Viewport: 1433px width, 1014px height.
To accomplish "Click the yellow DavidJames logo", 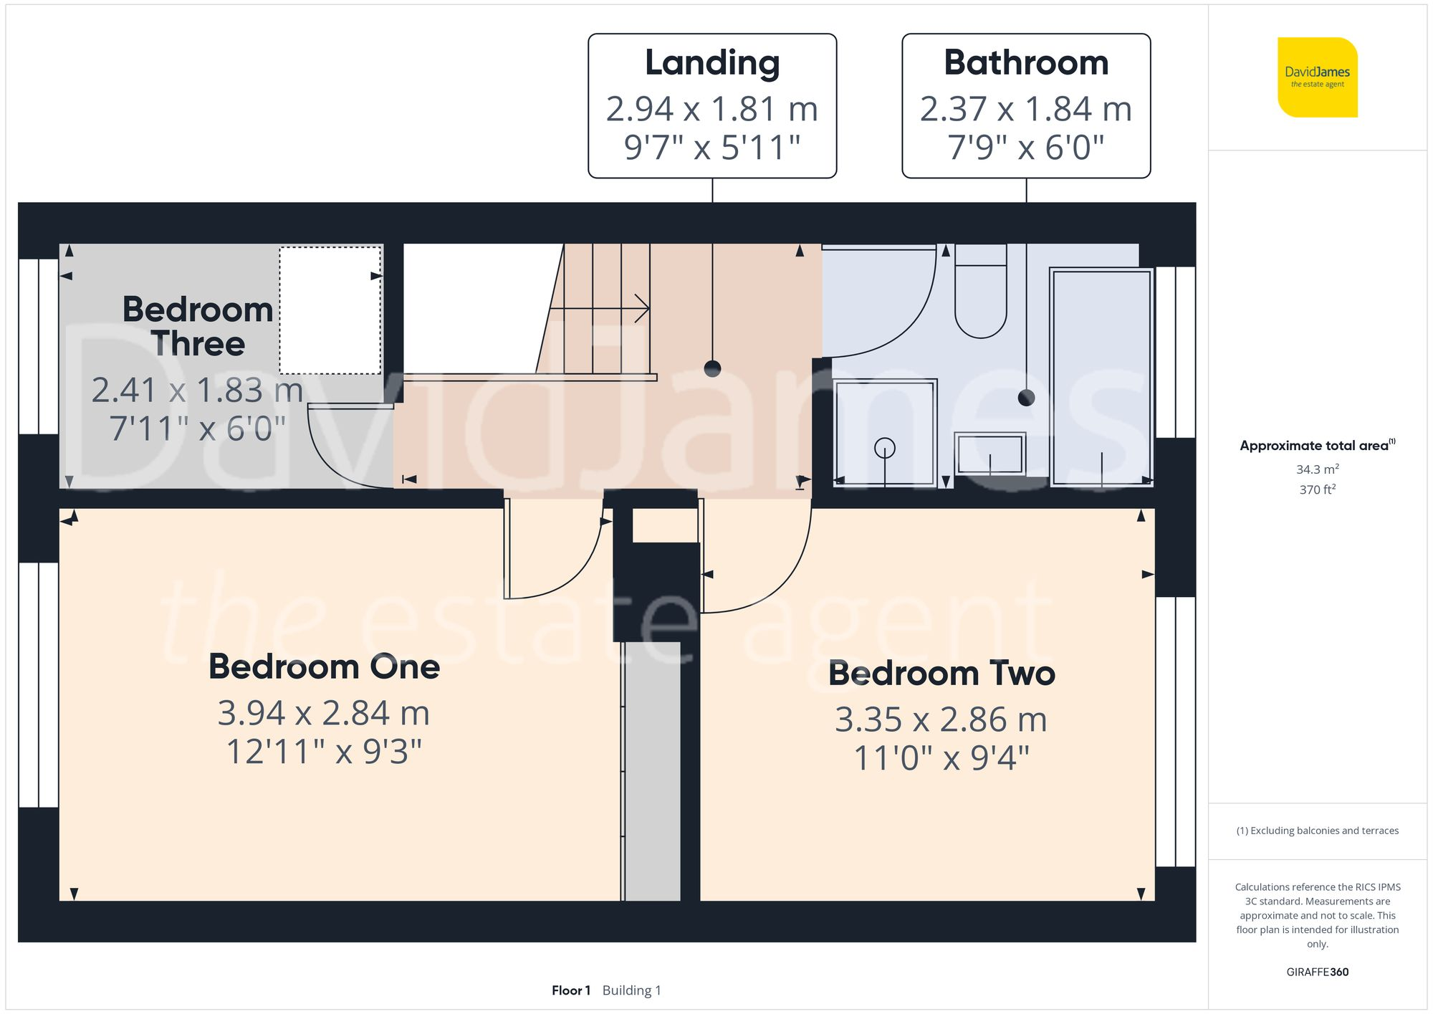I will tap(1317, 77).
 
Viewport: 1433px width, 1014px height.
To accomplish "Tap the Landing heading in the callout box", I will tap(712, 62).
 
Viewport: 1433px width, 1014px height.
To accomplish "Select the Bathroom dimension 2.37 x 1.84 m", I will tap(1025, 110).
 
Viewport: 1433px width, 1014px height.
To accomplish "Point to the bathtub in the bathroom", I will tap(1101, 376).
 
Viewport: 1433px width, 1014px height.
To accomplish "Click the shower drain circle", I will tap(885, 449).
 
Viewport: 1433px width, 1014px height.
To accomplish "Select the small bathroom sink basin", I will tap(989, 454).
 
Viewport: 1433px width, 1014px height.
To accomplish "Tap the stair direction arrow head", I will tap(643, 309).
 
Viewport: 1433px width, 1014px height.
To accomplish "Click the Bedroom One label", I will tap(324, 666).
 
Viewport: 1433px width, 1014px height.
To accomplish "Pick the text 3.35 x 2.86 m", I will tap(941, 719).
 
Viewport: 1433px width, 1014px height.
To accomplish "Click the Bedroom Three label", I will tap(198, 327).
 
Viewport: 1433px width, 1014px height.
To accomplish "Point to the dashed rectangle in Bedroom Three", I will tap(330, 310).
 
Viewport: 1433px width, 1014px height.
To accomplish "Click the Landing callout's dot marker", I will tap(712, 368).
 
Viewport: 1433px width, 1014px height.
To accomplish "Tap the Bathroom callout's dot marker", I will tap(1026, 398).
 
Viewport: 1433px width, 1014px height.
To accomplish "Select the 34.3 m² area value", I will tap(1317, 469).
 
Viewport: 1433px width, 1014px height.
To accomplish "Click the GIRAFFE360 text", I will tap(1317, 972).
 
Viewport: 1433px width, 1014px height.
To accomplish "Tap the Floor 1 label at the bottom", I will tap(570, 990).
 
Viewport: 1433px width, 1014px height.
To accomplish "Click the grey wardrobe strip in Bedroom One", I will tap(651, 770).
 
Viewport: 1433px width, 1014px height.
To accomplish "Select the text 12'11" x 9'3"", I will tap(324, 752).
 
